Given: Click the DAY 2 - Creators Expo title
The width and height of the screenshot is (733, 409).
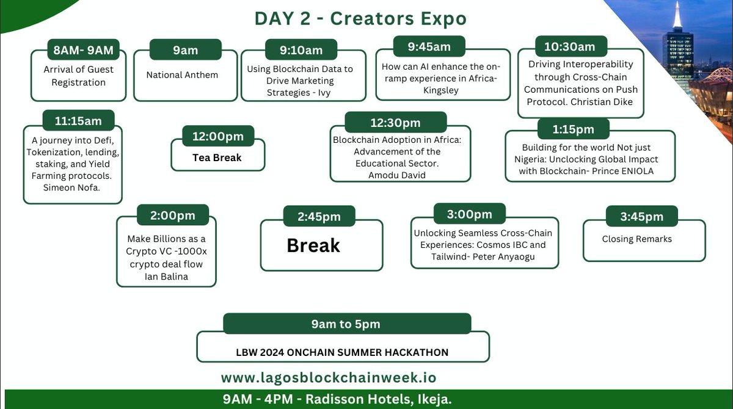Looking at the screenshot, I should click(x=360, y=18).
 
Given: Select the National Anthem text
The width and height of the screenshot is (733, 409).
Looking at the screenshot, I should click(x=182, y=75).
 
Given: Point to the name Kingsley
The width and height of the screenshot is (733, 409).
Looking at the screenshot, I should click(x=441, y=90).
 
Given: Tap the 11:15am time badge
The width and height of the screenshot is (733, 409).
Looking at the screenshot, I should click(x=78, y=121).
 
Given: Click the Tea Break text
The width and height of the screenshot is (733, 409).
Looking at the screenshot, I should click(x=217, y=157).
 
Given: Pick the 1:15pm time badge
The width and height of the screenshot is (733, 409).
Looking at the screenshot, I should click(x=573, y=129).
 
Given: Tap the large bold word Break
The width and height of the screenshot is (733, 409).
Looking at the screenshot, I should click(x=313, y=245).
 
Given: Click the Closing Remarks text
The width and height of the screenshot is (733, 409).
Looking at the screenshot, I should click(x=636, y=239).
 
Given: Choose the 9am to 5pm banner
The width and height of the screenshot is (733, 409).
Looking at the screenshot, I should click(x=347, y=324).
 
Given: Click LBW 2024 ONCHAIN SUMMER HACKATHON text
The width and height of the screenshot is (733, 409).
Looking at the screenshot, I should click(x=342, y=352).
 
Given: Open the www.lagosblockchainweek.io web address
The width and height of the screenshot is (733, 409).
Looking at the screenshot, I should click(x=329, y=378).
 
